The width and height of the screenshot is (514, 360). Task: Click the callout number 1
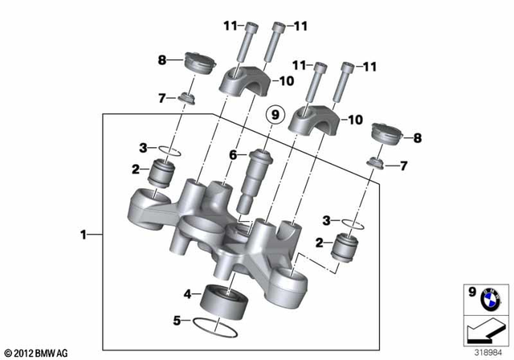click(83, 235)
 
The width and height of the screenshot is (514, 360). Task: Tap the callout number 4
click(186, 294)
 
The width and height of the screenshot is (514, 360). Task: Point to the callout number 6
click(233, 154)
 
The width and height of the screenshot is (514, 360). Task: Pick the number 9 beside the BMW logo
click(471, 292)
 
